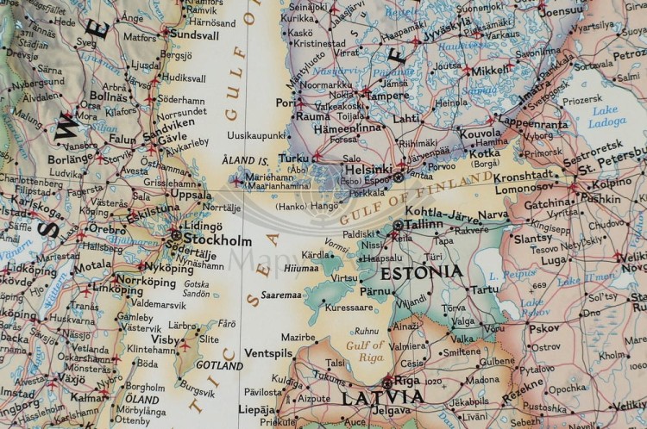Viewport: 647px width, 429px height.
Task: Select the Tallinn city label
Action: pyautogui.click(x=424, y=224)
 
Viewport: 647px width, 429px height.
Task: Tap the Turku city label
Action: pyautogui.click(x=293, y=158)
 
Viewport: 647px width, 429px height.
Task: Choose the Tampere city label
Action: pyautogui.click(x=387, y=95)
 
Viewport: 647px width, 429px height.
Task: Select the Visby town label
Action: pyautogui.click(x=165, y=339)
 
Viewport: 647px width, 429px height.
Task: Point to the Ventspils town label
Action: pyautogui.click(x=268, y=353)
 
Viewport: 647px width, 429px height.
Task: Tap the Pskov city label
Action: pyautogui.click(x=544, y=328)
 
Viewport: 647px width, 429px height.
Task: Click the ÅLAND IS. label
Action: pyautogui.click(x=251, y=160)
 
